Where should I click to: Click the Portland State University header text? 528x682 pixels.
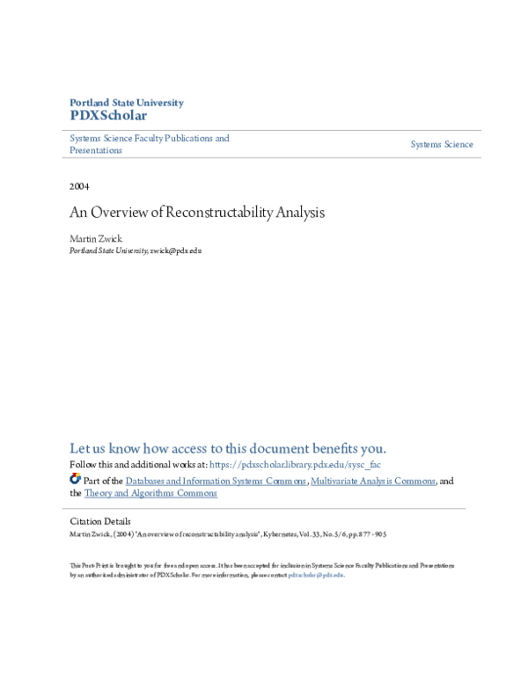127,103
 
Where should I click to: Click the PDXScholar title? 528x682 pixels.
108,116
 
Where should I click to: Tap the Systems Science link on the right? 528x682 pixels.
442,144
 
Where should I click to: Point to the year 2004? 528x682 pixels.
79,186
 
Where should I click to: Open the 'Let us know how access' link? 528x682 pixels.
228,447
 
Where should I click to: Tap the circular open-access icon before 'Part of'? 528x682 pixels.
75,480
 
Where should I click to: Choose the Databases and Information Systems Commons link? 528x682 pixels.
216,481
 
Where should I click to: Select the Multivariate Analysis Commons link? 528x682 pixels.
373,481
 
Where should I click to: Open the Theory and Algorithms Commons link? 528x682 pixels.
150,493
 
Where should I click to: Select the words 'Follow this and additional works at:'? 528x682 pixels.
138,464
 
